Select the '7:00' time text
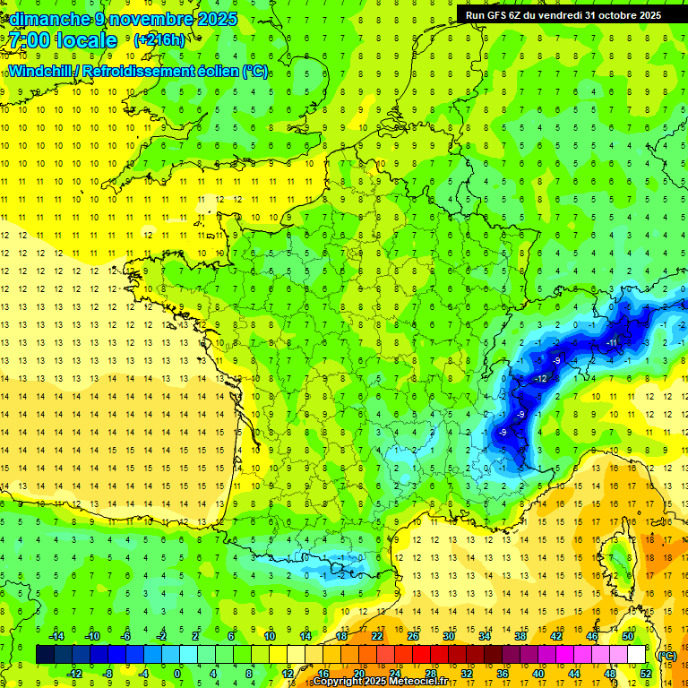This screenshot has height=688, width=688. click(x=30, y=40)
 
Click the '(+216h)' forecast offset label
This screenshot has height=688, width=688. click(x=159, y=40)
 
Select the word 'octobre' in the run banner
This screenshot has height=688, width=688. click(x=613, y=14)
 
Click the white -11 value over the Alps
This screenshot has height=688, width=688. click(x=613, y=343)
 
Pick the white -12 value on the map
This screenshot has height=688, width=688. click(x=540, y=379)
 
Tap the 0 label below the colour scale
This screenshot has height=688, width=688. click(x=177, y=674)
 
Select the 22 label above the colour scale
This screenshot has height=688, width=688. click(x=377, y=635)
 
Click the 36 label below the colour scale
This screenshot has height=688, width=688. click(x=503, y=674)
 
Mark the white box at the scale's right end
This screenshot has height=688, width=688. click(x=637, y=654)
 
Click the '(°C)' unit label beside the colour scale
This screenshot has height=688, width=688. click(x=666, y=655)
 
